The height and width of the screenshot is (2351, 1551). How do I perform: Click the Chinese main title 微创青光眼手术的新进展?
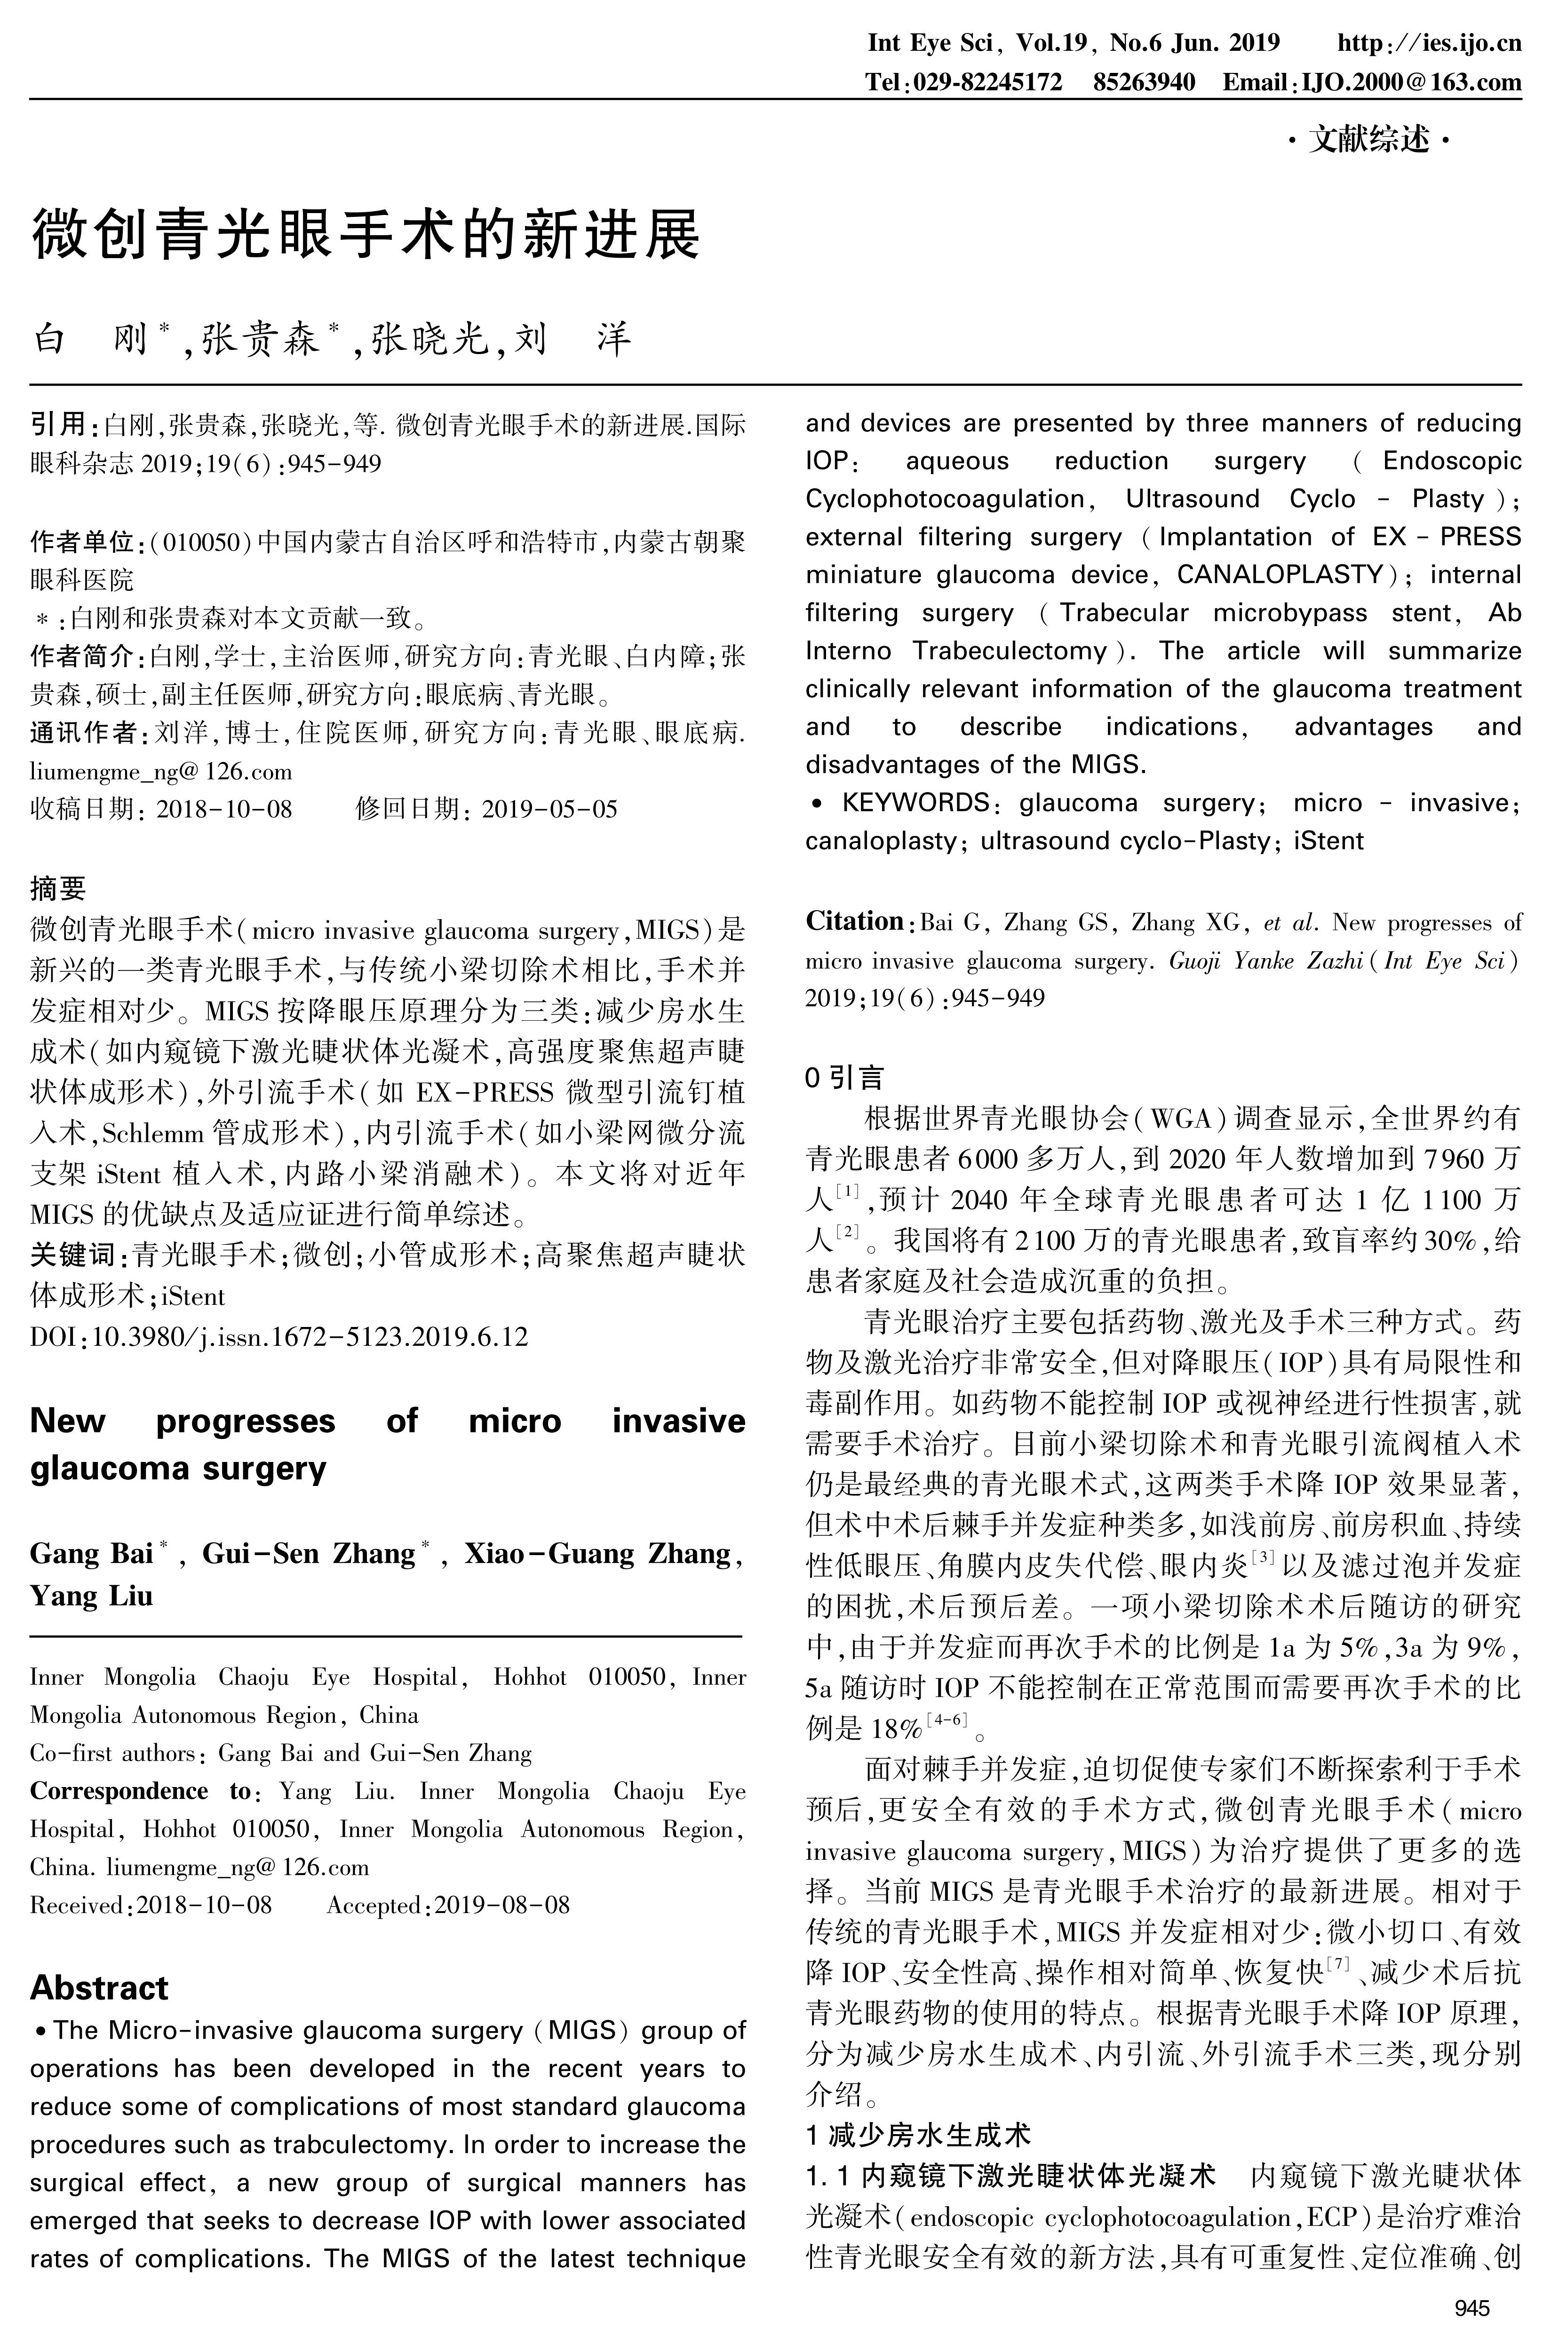366,234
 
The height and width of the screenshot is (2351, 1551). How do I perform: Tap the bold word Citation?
854,922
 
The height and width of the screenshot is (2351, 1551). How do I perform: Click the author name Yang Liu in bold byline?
91,1596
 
